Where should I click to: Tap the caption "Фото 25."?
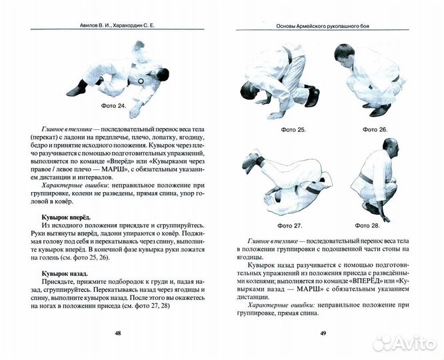[293, 129]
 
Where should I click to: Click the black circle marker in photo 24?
[141, 81]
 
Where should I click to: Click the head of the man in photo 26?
[345, 53]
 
